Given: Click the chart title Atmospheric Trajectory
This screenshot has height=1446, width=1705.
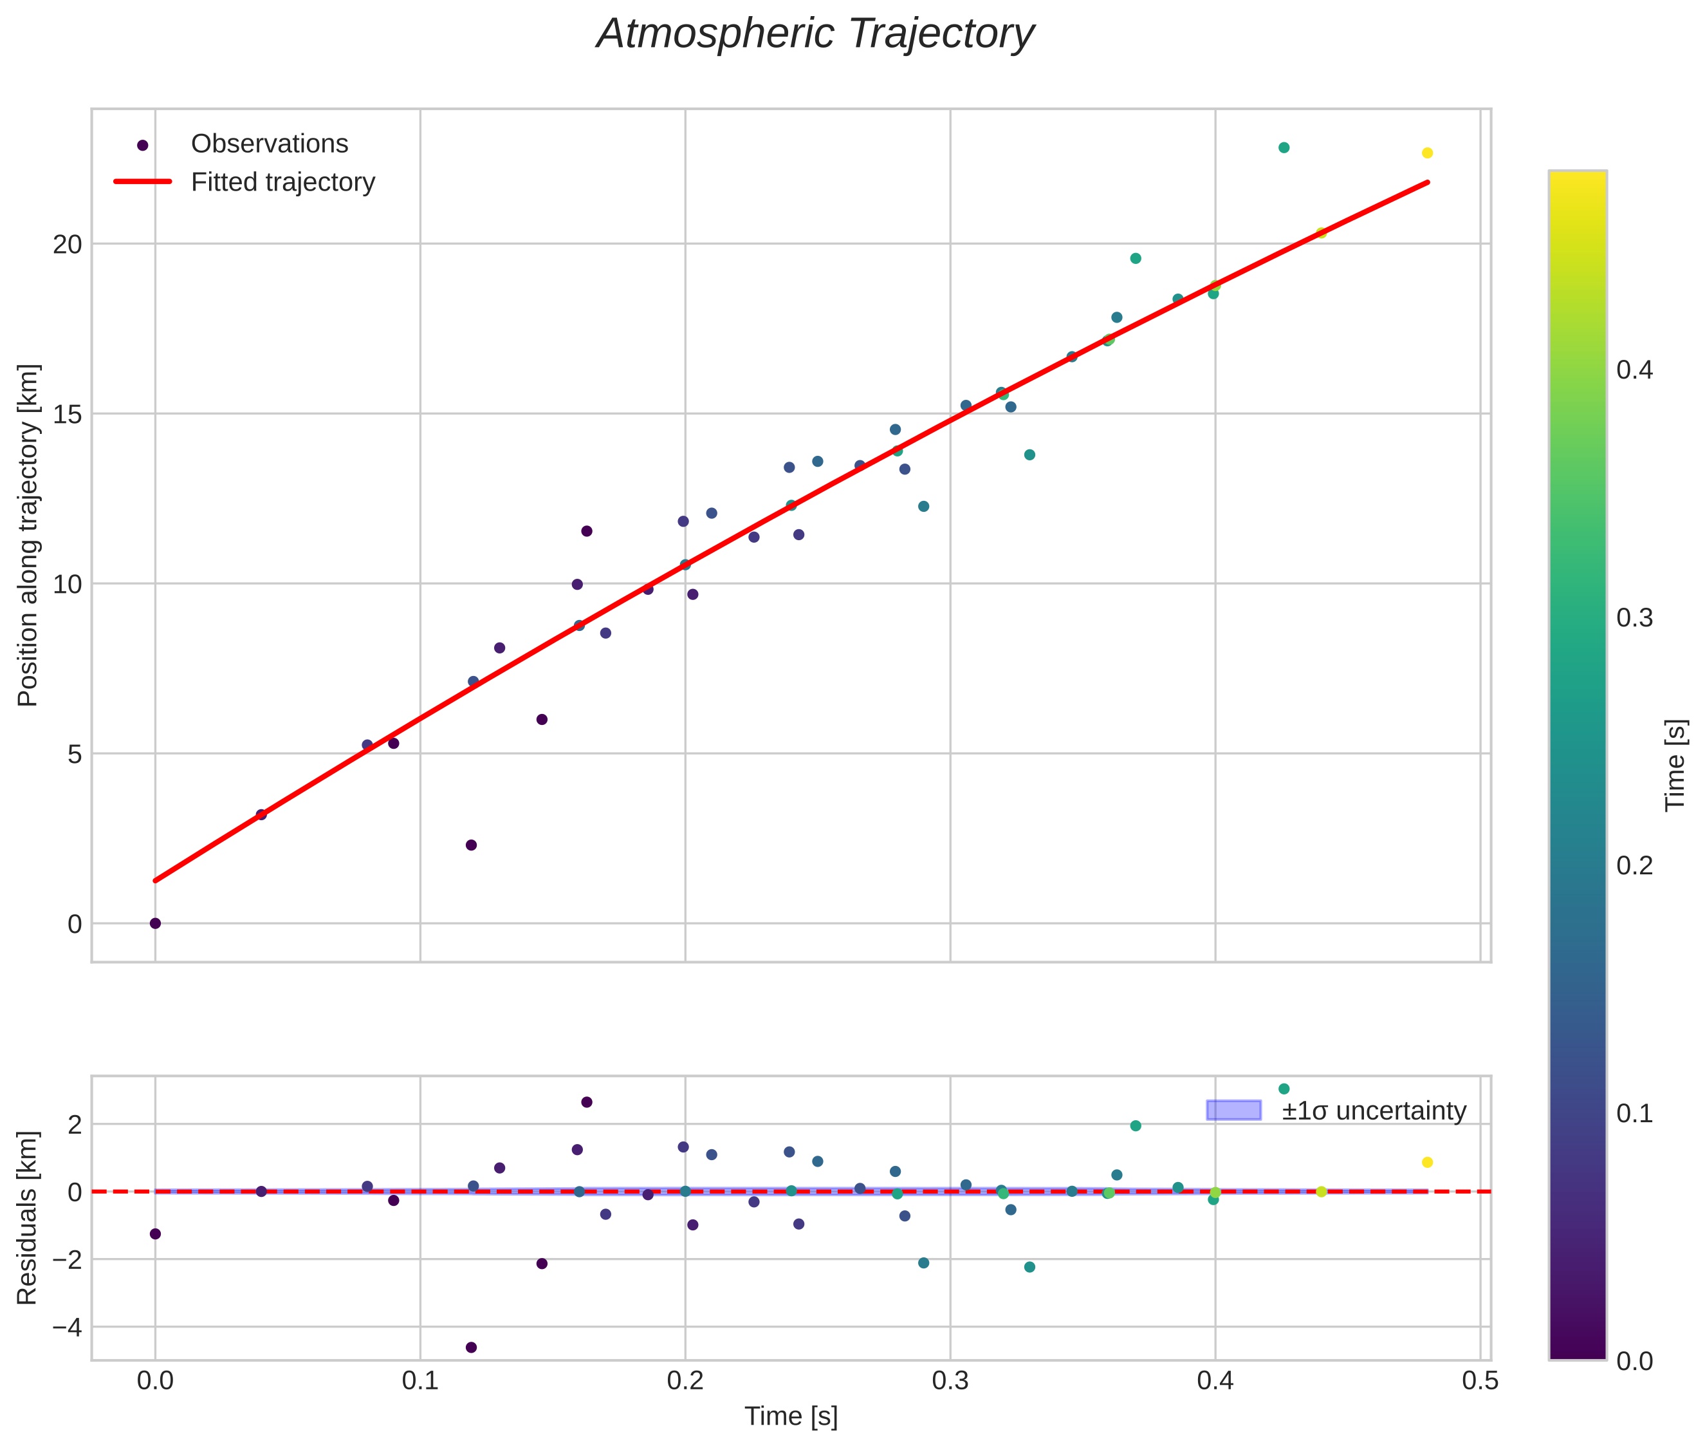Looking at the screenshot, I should click(815, 34).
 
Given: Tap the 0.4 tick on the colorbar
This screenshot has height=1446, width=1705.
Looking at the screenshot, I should click(1634, 370).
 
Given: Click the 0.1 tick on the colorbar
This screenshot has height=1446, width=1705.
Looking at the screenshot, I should click(1634, 1113).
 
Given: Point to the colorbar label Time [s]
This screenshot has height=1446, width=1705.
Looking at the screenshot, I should click(1676, 765).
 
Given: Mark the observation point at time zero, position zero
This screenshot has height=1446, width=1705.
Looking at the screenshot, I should click(155, 924).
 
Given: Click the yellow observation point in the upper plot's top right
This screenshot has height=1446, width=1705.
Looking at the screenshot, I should click(1426, 153).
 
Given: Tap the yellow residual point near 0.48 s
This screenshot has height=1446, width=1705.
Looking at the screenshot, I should click(1426, 1162).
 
